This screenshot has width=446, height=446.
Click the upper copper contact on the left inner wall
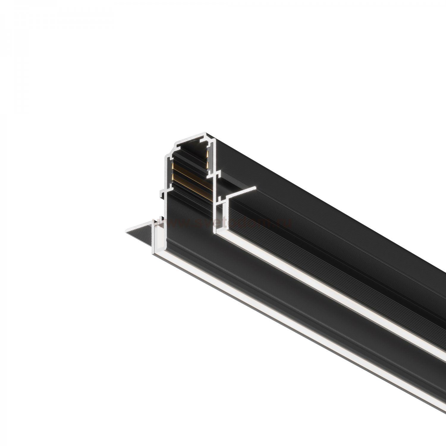[x=172, y=166]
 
